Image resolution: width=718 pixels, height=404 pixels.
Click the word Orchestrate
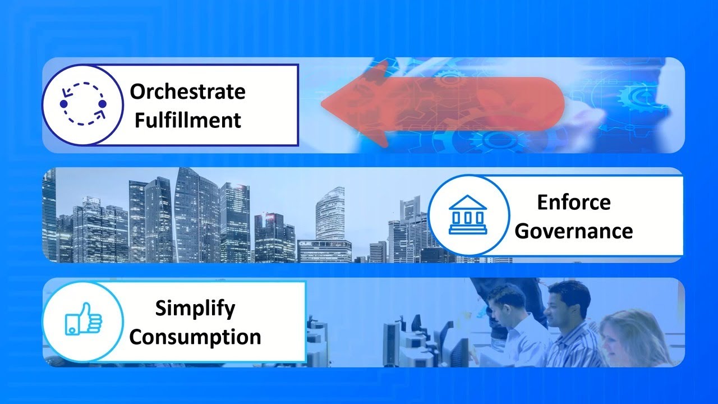[x=187, y=91]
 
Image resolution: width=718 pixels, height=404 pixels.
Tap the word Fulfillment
[x=187, y=120]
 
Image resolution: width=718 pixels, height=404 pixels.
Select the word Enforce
[x=573, y=202]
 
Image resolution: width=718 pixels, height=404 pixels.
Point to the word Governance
[x=573, y=231]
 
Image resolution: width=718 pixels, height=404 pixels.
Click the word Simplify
[x=195, y=308]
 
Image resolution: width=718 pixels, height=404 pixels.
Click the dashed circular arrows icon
[x=83, y=104]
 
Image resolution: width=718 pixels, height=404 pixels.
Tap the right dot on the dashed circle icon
[x=102, y=104]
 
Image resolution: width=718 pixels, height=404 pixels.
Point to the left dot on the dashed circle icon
[x=63, y=104]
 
